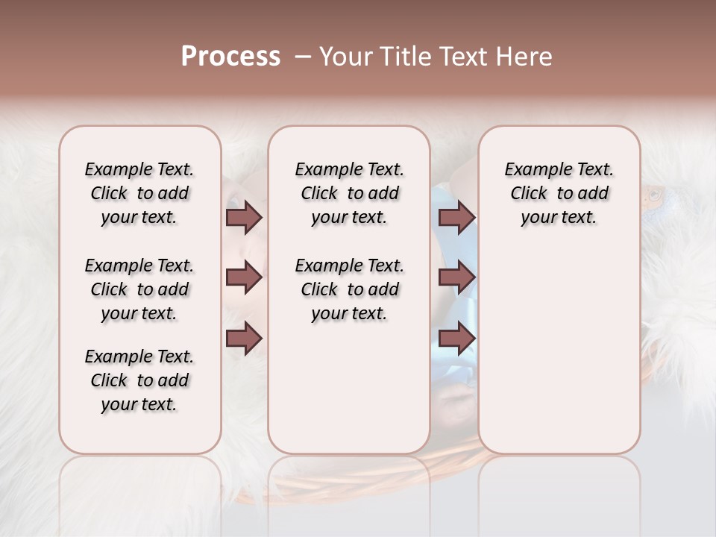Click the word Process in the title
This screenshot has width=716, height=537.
point(230,57)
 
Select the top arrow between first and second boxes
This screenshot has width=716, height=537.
point(244,218)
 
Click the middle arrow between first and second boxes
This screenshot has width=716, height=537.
point(244,278)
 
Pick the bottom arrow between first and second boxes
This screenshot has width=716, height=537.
point(244,339)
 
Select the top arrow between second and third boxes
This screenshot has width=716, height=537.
point(457,218)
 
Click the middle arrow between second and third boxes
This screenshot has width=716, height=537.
point(457,278)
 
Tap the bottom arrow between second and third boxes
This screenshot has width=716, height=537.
point(457,339)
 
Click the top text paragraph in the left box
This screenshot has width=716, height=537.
point(139,193)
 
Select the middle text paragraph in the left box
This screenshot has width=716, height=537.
point(139,289)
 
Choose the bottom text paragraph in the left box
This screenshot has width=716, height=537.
point(139,380)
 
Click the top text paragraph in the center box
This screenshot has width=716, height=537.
point(349,193)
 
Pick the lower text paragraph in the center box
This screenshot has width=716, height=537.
point(349,289)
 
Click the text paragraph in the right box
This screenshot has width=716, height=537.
point(559,193)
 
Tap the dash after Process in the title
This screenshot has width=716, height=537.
point(303,57)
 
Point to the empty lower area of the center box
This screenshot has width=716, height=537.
point(349,388)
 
